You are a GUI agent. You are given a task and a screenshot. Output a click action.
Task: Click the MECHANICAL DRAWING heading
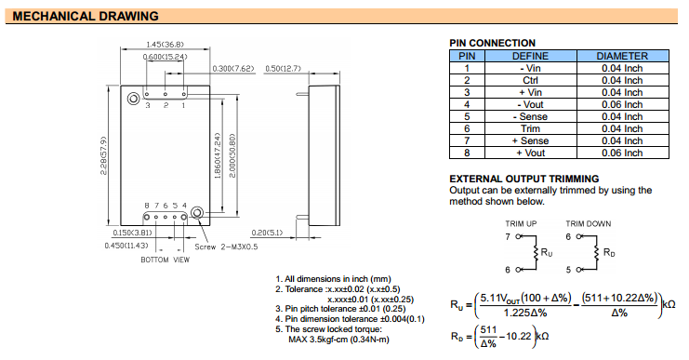tap(86, 16)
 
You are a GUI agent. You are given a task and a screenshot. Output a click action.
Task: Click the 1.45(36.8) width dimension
tap(165, 45)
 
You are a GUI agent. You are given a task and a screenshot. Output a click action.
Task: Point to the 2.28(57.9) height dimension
tap(104, 155)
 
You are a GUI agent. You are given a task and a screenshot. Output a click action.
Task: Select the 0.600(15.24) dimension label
tap(165, 57)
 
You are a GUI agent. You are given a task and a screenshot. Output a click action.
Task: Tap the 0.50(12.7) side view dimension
tap(283, 69)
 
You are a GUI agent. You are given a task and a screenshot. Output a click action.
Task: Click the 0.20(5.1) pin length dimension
tap(267, 233)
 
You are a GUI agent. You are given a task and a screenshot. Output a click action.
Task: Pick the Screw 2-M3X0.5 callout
tap(226, 247)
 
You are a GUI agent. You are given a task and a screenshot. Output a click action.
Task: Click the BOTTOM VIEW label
tap(165, 260)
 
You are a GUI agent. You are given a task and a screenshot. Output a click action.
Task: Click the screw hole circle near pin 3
tap(134, 99)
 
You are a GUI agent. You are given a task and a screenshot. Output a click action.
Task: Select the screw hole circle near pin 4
tap(198, 213)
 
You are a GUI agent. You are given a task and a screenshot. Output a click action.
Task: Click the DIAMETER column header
tap(622, 56)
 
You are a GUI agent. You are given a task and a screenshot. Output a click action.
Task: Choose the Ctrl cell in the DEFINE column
tap(530, 80)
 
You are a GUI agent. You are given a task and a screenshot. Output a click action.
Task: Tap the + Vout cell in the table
tap(530, 153)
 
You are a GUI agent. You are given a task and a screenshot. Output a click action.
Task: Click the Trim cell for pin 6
tap(530, 128)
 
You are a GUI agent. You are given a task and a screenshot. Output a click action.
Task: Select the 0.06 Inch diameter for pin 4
tap(622, 104)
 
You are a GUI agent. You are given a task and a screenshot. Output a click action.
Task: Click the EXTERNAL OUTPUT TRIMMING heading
tap(524, 179)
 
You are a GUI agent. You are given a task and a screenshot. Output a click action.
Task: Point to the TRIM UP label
tap(521, 224)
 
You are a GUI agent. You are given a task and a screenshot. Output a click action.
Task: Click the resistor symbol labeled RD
tap(597, 253)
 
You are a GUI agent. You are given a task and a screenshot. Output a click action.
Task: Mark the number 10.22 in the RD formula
tap(519, 336)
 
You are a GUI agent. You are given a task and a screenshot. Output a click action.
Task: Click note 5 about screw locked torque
tap(332, 334)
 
